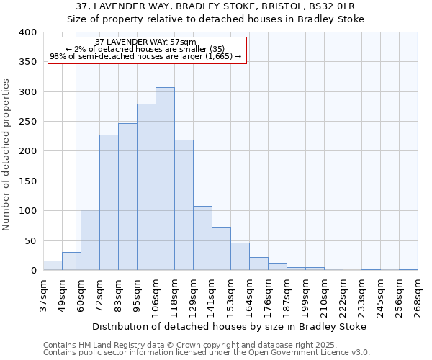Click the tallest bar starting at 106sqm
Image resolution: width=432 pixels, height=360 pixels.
point(165,179)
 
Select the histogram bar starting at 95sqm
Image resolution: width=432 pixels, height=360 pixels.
point(146,187)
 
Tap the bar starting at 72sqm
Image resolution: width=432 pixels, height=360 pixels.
point(109,202)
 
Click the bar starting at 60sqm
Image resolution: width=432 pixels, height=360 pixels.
point(90,240)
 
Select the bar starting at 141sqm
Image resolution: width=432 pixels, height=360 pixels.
point(221,248)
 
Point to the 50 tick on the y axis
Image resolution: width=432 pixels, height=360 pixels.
point(30,241)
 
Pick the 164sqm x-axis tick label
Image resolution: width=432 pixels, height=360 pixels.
point(249,297)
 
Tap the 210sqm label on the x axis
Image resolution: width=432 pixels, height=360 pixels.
point(324,297)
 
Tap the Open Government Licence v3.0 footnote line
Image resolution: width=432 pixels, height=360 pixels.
point(207,352)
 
